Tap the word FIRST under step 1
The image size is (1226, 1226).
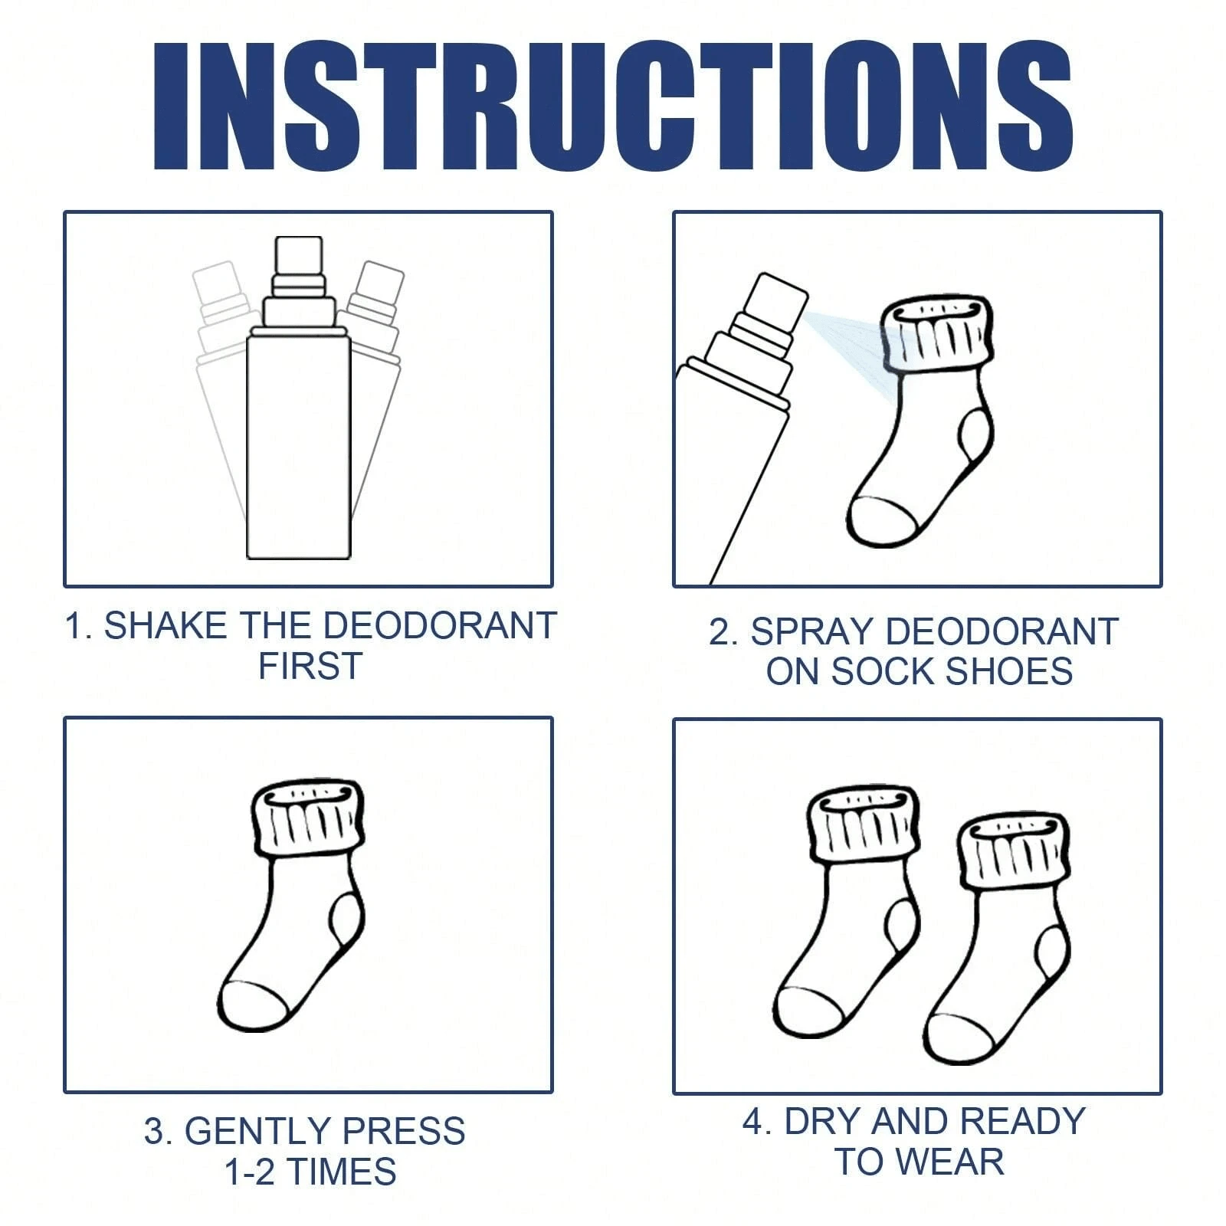(310, 666)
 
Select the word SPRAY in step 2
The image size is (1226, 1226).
(811, 632)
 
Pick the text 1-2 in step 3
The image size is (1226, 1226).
(249, 1172)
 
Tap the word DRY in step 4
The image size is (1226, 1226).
(824, 1122)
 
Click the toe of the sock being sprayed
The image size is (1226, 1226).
(881, 521)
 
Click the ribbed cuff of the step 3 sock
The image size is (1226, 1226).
(307, 820)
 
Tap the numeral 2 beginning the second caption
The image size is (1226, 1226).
(719, 633)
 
